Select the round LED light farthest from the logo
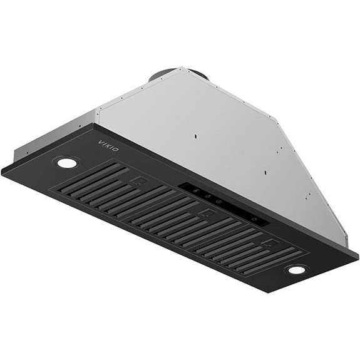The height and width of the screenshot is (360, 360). pos(296,270)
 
